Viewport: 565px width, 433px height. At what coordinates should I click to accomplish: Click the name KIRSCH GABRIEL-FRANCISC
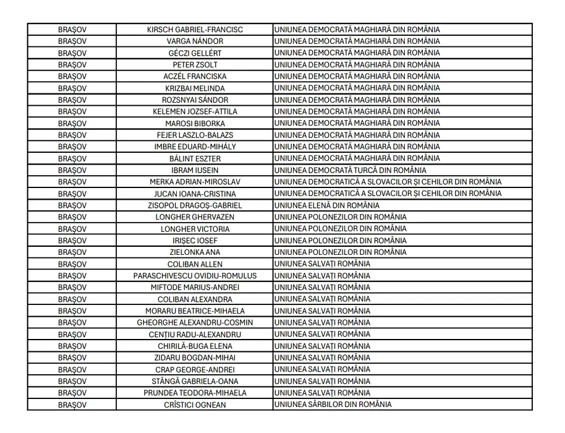pyautogui.click(x=195, y=30)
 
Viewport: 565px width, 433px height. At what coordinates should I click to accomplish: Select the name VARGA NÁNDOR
pyautogui.click(x=195, y=41)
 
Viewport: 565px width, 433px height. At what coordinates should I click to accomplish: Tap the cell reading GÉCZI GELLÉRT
pyautogui.click(x=195, y=53)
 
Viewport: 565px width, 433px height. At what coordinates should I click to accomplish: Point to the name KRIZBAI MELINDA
pyautogui.click(x=195, y=88)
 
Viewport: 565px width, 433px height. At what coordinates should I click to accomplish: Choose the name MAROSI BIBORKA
pyautogui.click(x=195, y=123)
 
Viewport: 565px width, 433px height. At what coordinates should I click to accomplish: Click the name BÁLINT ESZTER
pyautogui.click(x=195, y=158)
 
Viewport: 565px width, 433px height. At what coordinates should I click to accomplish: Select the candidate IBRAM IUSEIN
pyautogui.click(x=195, y=170)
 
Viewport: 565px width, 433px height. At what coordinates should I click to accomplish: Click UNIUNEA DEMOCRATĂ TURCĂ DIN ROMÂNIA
pyautogui.click(x=350, y=170)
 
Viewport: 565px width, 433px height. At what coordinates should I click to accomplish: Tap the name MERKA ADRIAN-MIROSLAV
pyautogui.click(x=195, y=182)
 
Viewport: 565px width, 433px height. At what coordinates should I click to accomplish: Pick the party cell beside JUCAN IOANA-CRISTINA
pyautogui.click(x=388, y=194)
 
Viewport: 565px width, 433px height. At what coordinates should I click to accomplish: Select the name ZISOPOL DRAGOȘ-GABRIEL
pyautogui.click(x=195, y=205)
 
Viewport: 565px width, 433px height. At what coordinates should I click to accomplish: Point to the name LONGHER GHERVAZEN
pyautogui.click(x=195, y=217)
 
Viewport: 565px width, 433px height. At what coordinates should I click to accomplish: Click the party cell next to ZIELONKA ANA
pyautogui.click(x=340, y=252)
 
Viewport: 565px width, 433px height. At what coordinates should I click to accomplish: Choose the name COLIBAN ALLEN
pyautogui.click(x=195, y=264)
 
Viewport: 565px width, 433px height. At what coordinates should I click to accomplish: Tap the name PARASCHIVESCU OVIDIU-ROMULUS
pyautogui.click(x=195, y=276)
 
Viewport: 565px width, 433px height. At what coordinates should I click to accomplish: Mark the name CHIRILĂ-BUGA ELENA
pyautogui.click(x=195, y=346)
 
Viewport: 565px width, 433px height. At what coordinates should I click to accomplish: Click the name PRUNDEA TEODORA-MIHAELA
pyautogui.click(x=195, y=393)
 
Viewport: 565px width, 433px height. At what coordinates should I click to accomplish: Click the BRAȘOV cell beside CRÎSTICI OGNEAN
pyautogui.click(x=72, y=405)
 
